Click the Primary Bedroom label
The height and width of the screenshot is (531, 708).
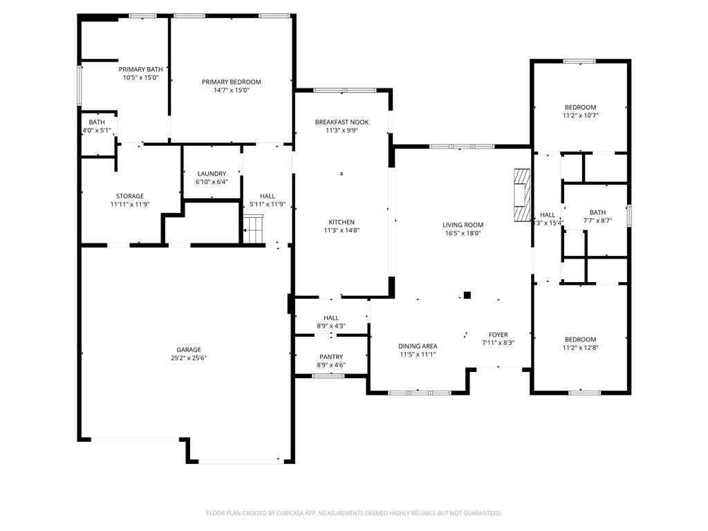[x=231, y=82]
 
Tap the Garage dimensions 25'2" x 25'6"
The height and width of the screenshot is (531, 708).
[x=189, y=358]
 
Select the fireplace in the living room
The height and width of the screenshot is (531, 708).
[x=522, y=195]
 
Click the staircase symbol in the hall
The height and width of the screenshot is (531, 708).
[x=253, y=229]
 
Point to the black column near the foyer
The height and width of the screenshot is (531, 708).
[x=467, y=295]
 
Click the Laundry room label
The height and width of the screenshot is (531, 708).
[x=212, y=174]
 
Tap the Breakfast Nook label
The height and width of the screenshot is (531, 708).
[x=342, y=122]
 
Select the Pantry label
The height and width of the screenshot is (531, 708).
[x=331, y=357]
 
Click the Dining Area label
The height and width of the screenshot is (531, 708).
[x=418, y=346]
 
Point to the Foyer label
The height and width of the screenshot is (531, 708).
[x=499, y=335]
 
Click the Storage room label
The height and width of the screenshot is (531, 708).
[x=130, y=196]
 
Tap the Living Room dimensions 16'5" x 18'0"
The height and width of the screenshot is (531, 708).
[x=463, y=233]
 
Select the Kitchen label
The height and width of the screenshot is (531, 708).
[x=342, y=222]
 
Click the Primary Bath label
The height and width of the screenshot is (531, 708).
[x=141, y=70]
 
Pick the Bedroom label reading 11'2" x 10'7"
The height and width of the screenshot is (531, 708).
[x=581, y=111]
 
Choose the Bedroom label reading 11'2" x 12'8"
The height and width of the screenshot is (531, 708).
[x=581, y=343]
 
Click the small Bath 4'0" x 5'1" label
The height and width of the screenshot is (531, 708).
[x=97, y=126]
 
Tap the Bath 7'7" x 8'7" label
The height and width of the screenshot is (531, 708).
[x=598, y=216]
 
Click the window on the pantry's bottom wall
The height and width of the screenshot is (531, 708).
[x=328, y=375]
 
